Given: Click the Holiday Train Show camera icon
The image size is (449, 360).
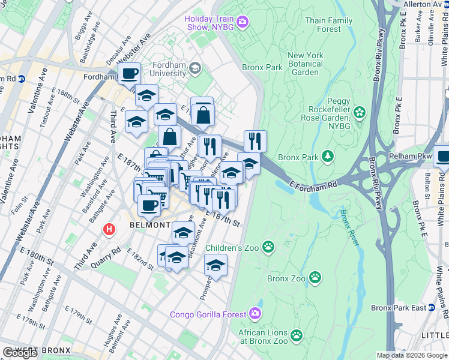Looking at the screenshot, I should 243,23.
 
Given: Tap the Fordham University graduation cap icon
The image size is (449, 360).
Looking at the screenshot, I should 194,69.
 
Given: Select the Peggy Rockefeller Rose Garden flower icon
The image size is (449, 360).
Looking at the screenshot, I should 359,112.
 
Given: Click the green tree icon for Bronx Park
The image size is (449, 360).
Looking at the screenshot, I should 327,157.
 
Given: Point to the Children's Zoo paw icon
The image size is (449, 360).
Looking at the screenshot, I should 268,247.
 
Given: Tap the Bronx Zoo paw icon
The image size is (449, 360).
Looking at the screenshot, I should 315,277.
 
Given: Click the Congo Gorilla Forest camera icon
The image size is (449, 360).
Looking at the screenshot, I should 255,314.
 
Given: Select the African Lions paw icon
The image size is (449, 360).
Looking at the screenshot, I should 296,335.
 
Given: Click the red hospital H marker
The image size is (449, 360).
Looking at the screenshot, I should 109,229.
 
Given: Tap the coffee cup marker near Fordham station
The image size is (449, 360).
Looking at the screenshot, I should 129,74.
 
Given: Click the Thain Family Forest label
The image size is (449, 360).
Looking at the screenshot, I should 328,25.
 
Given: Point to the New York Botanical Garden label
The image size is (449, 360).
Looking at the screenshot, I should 305,64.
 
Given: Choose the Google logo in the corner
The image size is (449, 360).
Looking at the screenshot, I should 20,353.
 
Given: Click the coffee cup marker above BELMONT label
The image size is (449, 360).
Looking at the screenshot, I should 149,205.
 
